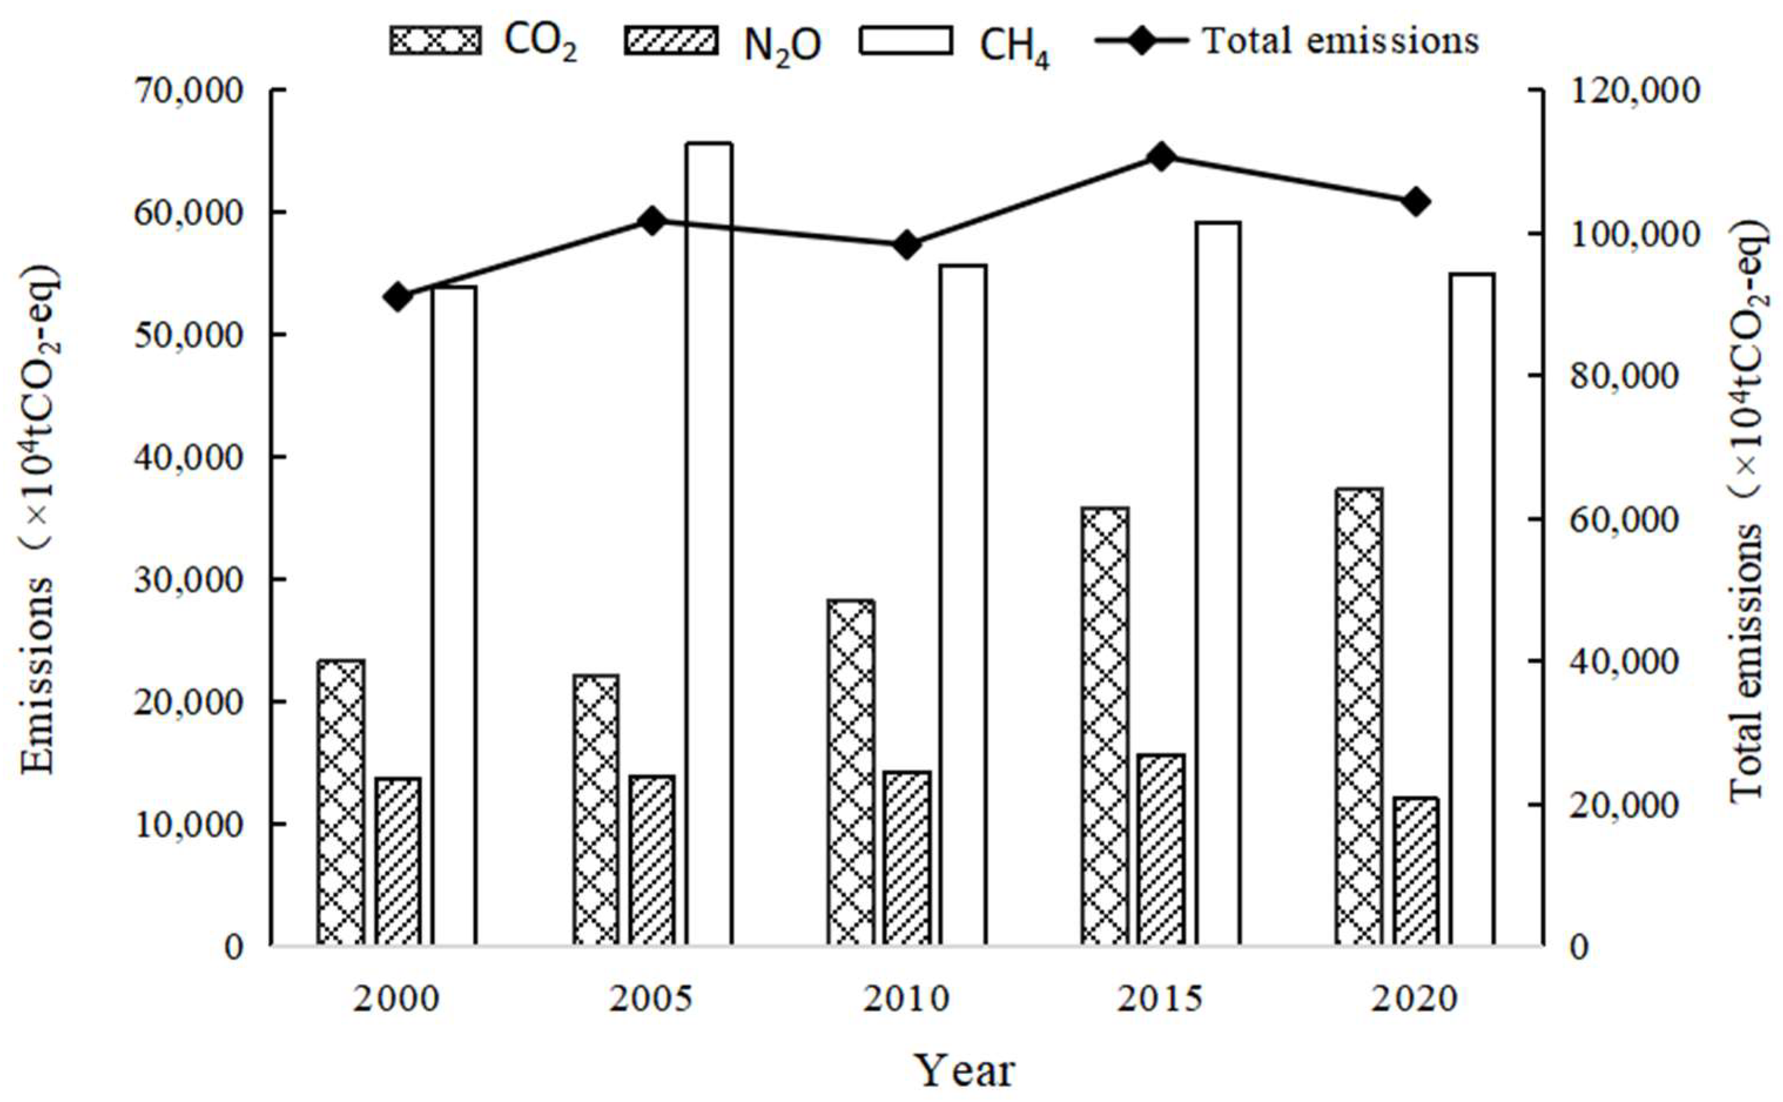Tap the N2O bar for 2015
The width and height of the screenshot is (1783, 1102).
[1161, 850]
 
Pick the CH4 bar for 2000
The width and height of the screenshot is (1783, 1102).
[454, 616]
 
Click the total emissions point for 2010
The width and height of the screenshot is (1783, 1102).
[907, 245]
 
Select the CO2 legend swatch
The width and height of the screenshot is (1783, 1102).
[435, 41]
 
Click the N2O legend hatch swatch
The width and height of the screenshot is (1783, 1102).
[669, 41]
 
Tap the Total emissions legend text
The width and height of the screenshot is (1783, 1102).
[1341, 41]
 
